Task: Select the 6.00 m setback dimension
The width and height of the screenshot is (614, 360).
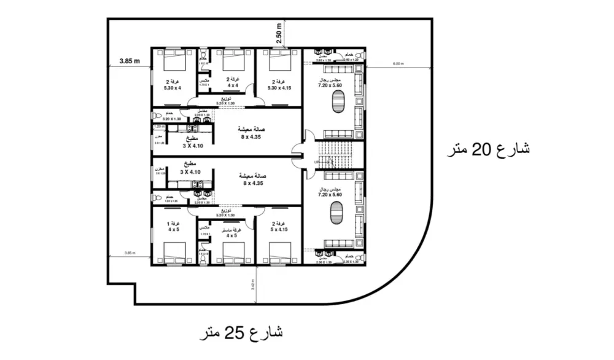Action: click(x=398, y=64)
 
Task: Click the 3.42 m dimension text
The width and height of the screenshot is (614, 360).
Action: click(x=254, y=285)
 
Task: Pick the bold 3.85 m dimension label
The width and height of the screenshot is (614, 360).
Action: click(x=130, y=61)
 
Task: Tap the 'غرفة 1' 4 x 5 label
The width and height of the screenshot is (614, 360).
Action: click(x=174, y=227)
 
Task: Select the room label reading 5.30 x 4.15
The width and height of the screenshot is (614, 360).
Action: click(x=279, y=85)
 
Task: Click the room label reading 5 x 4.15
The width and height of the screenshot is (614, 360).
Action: click(x=278, y=227)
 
